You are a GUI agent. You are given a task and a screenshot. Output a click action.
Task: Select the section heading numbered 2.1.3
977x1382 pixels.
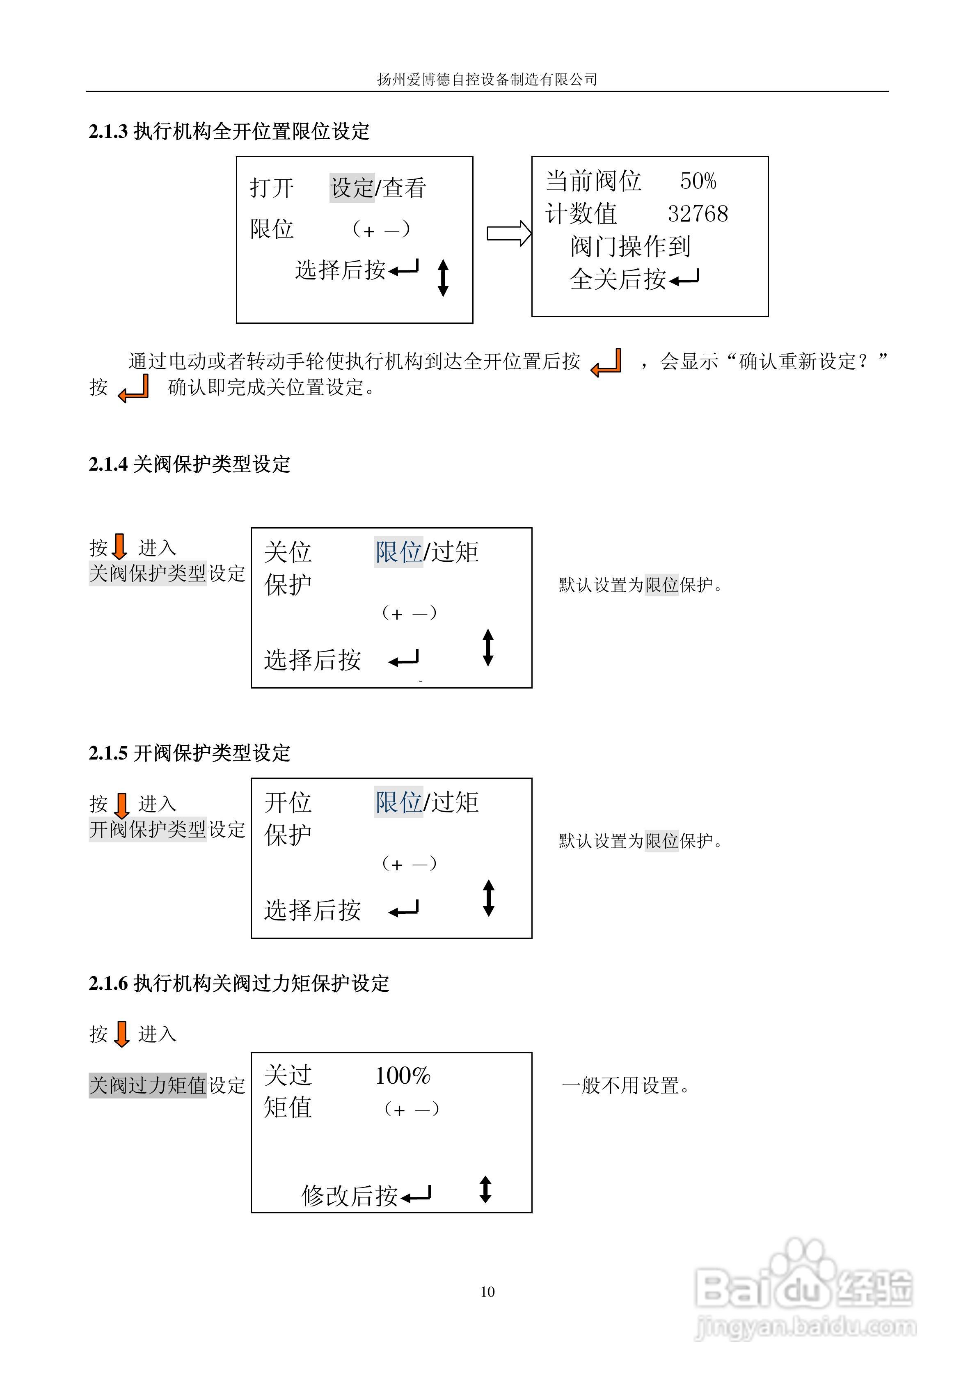[x=229, y=131]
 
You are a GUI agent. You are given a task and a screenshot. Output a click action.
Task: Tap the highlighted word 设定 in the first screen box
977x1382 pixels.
[x=352, y=188]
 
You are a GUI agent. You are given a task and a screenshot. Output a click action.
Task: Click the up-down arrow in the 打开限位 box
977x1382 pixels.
[x=443, y=278]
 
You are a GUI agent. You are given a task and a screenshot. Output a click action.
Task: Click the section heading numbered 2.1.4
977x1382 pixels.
[x=189, y=464]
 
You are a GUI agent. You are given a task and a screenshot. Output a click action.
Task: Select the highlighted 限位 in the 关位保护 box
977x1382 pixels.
[x=398, y=552]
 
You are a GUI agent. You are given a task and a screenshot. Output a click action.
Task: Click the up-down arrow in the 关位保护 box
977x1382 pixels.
[x=488, y=648]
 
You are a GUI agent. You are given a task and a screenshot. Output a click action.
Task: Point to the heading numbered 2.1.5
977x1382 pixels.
[x=189, y=753]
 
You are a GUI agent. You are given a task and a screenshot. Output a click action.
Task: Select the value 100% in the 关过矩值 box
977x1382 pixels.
[x=403, y=1075]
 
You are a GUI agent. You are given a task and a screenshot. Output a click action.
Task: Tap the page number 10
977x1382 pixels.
[x=487, y=1291]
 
